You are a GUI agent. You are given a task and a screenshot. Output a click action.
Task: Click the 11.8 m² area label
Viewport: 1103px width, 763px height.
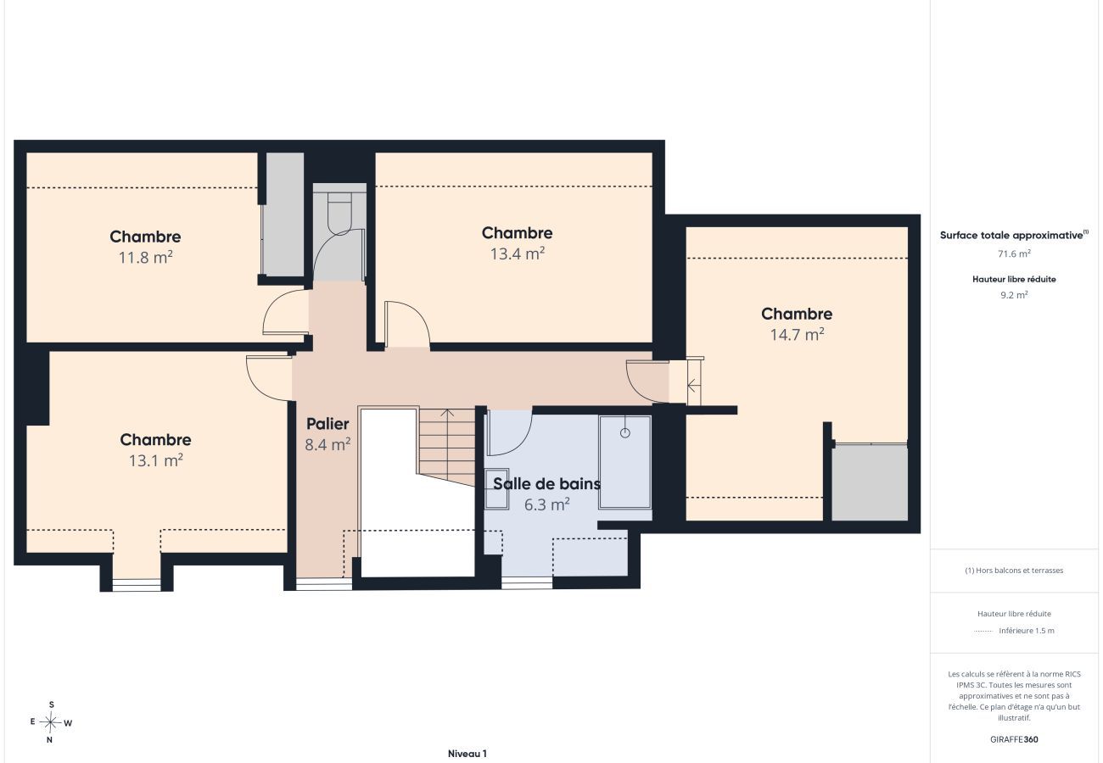click(145, 257)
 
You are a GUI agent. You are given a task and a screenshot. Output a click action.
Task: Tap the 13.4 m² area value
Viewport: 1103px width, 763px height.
click(517, 253)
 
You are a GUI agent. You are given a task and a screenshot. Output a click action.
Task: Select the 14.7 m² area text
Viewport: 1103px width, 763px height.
click(797, 335)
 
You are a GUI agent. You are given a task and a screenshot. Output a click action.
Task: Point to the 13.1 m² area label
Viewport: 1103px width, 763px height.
click(155, 460)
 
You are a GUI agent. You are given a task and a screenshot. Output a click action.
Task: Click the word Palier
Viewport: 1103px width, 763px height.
click(328, 424)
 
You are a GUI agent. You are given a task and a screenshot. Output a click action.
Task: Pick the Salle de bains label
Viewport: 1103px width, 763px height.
click(546, 484)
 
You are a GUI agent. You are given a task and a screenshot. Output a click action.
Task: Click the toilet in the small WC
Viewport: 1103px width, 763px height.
click(339, 213)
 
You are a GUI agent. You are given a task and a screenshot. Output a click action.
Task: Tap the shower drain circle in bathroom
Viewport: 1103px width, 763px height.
click(624, 433)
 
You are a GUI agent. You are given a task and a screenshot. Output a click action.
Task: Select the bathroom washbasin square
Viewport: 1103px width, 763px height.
click(497, 488)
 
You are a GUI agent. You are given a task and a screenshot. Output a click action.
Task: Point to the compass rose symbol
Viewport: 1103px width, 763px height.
click(50, 722)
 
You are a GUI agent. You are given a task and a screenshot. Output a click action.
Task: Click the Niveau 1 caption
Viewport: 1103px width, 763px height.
click(468, 754)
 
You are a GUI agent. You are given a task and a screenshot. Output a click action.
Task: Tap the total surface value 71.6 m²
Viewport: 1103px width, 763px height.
click(1014, 253)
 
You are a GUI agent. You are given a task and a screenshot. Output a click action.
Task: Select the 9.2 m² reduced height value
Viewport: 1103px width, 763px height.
click(1014, 295)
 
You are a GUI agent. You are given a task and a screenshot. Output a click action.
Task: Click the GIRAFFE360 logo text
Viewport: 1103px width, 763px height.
click(1014, 739)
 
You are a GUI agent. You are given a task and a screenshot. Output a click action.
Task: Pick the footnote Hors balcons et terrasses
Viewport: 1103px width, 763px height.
click(1014, 571)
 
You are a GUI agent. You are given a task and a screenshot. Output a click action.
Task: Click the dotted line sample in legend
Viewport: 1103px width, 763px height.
click(983, 631)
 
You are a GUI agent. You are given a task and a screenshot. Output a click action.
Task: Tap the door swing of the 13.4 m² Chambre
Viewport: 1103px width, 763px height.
click(419, 315)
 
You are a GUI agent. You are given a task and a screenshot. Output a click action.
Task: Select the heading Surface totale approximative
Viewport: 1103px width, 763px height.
click(1014, 235)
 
